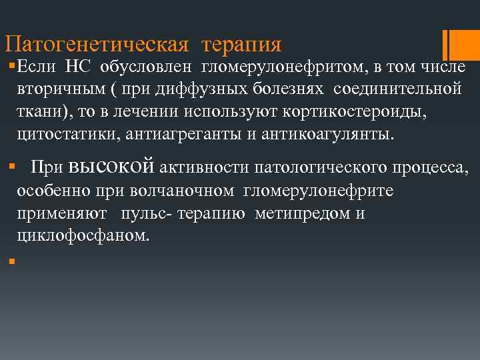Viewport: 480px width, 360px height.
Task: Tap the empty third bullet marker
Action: pos(11,260)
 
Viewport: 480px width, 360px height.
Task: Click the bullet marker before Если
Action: pos(11,66)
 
